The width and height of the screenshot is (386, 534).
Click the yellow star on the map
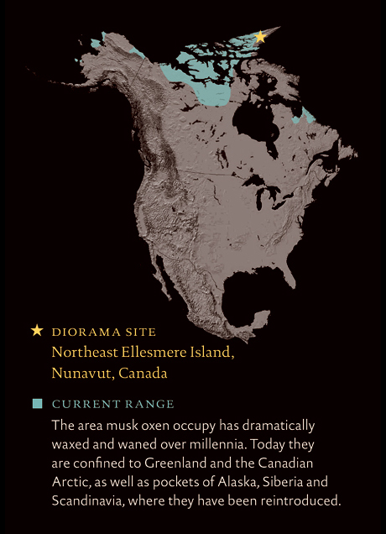pyautogui.click(x=260, y=37)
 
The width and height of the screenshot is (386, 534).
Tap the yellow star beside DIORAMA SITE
pyautogui.click(x=36, y=331)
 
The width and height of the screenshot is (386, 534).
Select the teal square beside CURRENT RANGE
pyautogui.click(x=37, y=404)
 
